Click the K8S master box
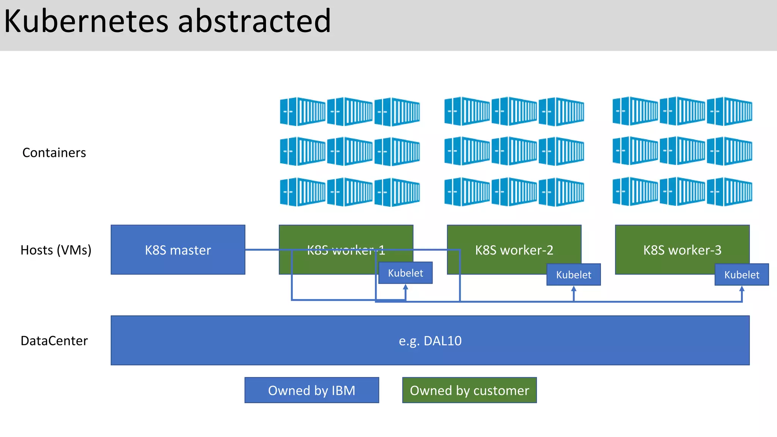(178, 250)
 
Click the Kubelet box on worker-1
(405, 273)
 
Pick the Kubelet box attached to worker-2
(573, 275)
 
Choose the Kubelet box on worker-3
(741, 275)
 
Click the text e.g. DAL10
(430, 341)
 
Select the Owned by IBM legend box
(311, 390)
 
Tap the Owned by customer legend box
(469, 390)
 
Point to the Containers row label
(54, 152)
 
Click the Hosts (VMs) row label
(56, 250)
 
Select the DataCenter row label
(54, 341)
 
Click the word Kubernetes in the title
(86, 21)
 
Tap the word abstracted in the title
(254, 21)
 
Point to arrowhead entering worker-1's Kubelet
(406, 287)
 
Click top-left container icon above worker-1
(302, 111)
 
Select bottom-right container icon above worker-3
(729, 192)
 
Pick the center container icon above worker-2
(514, 151)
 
